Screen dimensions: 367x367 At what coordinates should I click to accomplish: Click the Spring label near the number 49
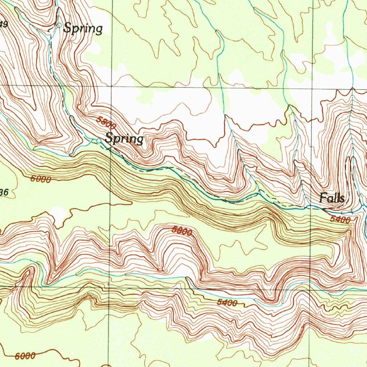83,28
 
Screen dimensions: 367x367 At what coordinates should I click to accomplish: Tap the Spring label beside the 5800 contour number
124,139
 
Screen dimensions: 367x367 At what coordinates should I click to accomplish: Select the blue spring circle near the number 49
59,25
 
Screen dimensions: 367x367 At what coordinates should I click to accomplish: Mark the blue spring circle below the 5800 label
99,140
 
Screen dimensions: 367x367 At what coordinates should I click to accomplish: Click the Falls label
332,198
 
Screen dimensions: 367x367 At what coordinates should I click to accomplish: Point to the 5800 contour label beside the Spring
106,123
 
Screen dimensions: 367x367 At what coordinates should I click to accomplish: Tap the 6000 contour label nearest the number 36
40,180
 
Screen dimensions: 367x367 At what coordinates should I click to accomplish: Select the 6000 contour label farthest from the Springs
25,356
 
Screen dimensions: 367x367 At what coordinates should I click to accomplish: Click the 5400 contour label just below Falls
340,219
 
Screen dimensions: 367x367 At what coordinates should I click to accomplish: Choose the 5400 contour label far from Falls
227,303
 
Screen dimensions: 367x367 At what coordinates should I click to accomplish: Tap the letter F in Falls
323,198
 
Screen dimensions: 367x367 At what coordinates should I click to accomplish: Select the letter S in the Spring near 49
67,28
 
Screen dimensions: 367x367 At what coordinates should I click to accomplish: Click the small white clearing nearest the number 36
58,214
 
